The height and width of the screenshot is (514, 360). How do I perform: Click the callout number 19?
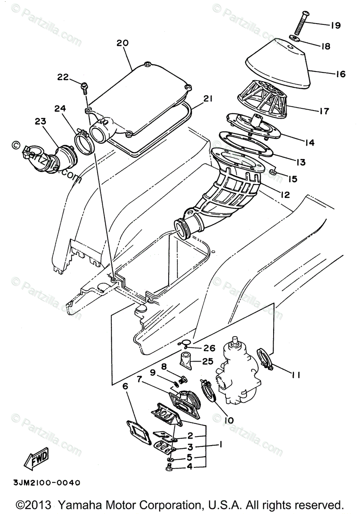point(335,25)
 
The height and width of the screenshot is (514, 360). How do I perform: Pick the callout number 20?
point(122,43)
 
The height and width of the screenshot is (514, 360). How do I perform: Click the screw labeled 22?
point(85,87)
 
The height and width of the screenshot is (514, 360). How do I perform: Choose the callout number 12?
point(285,194)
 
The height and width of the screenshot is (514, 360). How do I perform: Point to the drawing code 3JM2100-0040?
point(41,483)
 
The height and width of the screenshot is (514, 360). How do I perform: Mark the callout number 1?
point(221,445)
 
